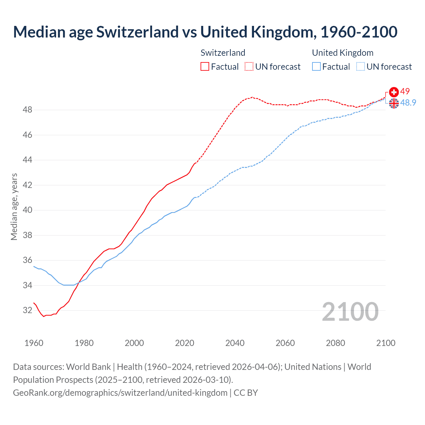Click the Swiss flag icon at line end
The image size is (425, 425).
394,92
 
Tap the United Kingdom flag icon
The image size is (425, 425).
394,103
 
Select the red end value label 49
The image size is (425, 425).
405,91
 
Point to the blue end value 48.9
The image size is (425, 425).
408,103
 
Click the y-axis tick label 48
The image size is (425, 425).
28,110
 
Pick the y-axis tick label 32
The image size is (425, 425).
28,310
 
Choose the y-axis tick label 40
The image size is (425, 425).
28,210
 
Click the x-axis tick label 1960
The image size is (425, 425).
34,343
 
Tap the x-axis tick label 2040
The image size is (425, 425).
235,343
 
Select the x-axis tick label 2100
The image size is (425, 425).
385,343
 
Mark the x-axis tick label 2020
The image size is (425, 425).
185,343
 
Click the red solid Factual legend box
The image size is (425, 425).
205,67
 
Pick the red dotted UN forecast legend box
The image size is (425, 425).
249,67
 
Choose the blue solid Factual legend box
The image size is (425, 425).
316,67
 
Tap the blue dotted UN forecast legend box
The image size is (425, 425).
360,67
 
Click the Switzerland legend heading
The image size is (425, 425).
223,53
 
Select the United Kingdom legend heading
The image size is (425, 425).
343,53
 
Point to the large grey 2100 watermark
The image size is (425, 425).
350,311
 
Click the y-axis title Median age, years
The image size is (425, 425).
14,207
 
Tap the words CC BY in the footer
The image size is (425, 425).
246,393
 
